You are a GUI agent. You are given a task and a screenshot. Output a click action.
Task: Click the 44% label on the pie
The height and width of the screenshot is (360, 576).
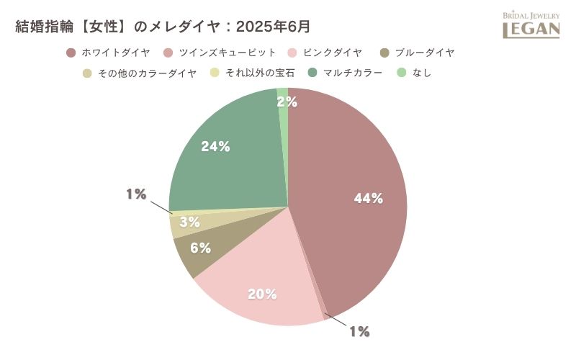point(368,199)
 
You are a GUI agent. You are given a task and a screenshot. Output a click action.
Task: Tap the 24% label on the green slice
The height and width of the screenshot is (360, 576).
point(215,147)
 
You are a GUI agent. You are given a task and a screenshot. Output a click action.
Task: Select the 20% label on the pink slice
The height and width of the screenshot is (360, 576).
point(262,294)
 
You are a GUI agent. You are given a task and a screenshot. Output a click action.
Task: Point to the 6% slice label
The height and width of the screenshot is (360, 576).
point(201,248)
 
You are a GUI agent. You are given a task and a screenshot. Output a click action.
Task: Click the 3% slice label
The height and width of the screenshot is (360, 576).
point(189,222)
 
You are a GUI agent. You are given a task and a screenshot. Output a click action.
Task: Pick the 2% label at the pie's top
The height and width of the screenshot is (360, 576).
point(287,102)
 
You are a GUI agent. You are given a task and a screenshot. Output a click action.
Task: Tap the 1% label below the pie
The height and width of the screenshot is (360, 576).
point(359,331)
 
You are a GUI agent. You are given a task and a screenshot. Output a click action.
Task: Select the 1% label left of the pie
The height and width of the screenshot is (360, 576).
point(136,194)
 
